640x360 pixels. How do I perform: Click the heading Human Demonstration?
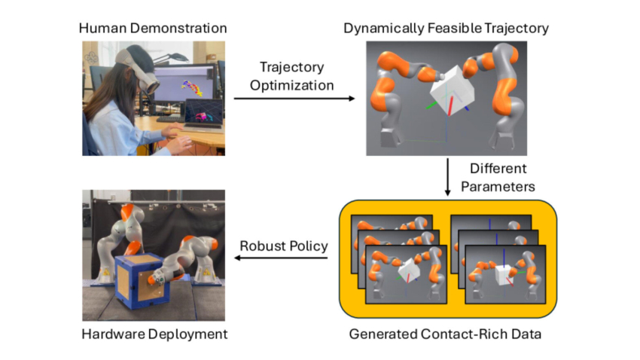154,29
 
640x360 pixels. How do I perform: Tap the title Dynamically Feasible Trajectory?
446,29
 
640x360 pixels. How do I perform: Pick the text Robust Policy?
282,245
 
